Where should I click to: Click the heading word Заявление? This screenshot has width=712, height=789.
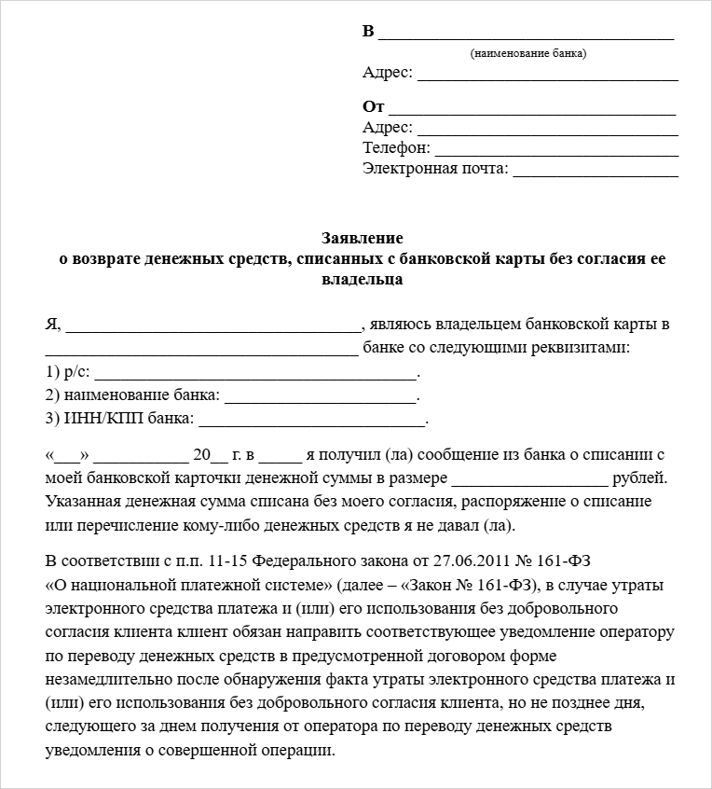pos(363,238)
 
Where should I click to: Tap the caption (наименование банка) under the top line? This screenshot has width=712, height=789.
pos(528,53)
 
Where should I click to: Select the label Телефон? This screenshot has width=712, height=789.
pos(396,147)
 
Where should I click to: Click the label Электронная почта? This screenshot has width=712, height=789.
pos(435,169)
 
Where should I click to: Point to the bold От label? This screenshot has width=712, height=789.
pos(373,107)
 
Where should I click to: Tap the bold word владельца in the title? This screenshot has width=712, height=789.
pos(363,279)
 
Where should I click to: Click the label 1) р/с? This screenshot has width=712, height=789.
pos(67,371)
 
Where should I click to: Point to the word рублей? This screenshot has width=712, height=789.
pos(639,478)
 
